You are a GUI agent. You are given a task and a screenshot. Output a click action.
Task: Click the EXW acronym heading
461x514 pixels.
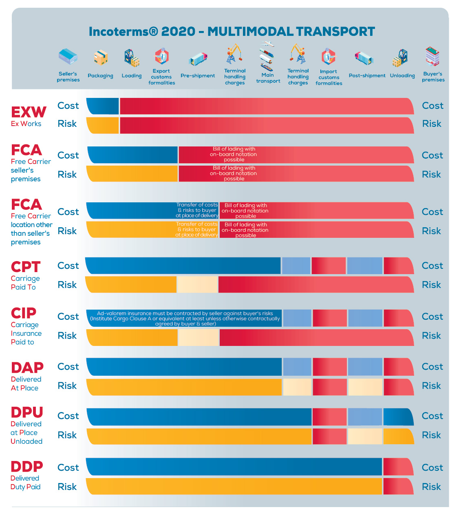(x=29, y=112)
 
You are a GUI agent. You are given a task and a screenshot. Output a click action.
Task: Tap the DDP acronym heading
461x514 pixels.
(x=26, y=466)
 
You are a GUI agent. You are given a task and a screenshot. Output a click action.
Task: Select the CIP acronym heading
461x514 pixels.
(x=24, y=313)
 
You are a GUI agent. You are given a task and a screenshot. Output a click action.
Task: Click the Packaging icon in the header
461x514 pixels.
(x=101, y=58)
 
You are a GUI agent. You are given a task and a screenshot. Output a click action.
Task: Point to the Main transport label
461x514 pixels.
(x=268, y=78)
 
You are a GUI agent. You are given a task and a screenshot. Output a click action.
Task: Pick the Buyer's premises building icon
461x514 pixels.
(x=432, y=56)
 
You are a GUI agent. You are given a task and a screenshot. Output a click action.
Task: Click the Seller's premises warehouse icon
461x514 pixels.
(x=68, y=57)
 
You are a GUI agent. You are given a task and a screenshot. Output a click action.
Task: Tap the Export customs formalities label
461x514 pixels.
(x=161, y=77)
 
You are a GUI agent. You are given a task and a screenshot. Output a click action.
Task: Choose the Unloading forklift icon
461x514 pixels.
(x=400, y=58)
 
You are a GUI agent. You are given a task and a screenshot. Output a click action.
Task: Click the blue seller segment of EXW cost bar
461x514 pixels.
(x=103, y=106)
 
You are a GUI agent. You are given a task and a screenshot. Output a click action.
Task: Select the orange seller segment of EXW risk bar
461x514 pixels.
(x=103, y=125)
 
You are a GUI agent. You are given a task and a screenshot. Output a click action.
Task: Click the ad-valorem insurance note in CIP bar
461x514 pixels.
(x=185, y=319)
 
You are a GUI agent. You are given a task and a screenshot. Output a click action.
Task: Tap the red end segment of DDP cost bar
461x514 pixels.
(x=398, y=467)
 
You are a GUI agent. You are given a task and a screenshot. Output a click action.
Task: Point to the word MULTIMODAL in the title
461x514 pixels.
(x=250, y=31)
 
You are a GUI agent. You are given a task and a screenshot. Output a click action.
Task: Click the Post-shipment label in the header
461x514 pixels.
(x=367, y=75)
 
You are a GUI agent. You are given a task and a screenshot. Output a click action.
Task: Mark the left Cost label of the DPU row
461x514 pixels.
(x=68, y=416)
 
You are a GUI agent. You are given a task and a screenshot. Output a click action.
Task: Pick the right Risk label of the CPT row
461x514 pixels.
(x=431, y=285)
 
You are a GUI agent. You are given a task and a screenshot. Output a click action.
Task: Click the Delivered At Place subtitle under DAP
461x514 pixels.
(x=26, y=383)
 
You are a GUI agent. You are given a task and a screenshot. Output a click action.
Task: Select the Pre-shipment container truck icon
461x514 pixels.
(x=198, y=59)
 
